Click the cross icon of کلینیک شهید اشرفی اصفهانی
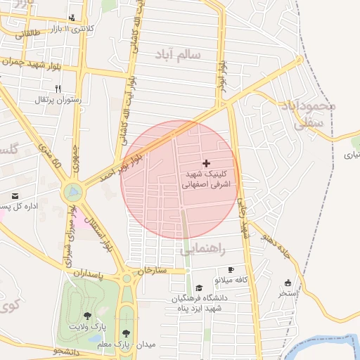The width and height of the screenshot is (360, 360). [x=205, y=163]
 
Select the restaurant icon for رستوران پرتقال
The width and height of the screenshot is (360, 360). [x=58, y=89]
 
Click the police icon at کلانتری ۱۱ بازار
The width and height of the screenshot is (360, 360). [x=72, y=18]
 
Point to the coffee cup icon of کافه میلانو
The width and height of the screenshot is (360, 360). [x=231, y=270]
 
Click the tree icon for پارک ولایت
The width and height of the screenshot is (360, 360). [x=87, y=316]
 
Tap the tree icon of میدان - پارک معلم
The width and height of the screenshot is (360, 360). [x=127, y=333]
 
